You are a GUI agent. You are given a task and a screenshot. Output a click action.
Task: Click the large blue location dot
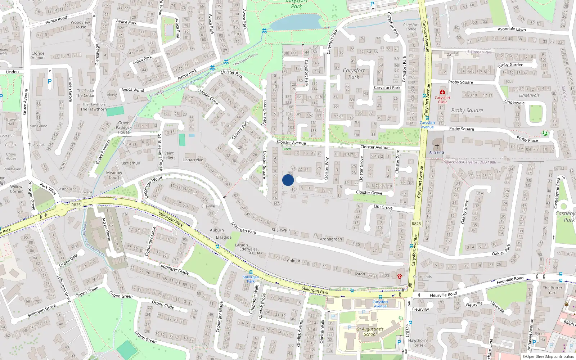click(288, 180)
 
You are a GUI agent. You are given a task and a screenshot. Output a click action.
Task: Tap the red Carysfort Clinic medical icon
click(442, 92)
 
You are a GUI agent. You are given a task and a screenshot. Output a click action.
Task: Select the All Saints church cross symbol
click(437, 147)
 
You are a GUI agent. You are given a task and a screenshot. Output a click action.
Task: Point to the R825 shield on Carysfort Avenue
click(416, 224)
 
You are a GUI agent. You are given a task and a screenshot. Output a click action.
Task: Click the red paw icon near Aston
click(400, 276)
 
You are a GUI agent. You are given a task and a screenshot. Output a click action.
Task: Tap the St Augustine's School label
click(370, 332)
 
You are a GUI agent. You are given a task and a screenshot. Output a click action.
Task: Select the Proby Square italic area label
click(467, 111)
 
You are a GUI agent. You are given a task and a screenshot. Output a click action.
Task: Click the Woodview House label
click(80, 24)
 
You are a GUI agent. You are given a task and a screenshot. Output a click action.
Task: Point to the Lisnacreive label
click(193, 160)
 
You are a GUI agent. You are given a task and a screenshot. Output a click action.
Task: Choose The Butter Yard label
click(552, 290)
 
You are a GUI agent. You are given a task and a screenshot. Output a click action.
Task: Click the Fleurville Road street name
click(444, 295)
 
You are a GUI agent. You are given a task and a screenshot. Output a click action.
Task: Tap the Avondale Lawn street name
click(512, 29)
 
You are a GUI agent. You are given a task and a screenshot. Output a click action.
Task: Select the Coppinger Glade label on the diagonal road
click(174, 268)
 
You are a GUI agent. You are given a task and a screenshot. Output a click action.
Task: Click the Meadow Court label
click(114, 175)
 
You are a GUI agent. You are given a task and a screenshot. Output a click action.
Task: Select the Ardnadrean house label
click(331, 239)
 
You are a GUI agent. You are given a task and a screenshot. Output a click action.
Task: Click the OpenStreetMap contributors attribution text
click(550, 357)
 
